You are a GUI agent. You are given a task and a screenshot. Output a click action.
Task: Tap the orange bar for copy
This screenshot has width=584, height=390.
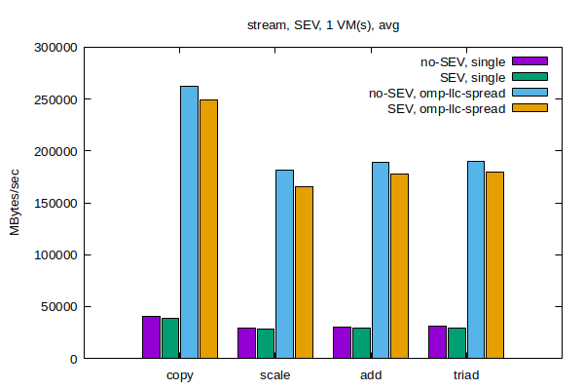pyautogui.click(x=208, y=229)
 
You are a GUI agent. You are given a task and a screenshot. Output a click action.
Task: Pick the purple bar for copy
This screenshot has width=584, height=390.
pyautogui.click(x=151, y=337)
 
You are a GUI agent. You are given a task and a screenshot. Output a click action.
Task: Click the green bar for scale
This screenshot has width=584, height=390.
pyautogui.click(x=266, y=343)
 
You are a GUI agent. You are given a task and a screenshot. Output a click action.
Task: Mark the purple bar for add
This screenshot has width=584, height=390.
pyautogui.click(x=342, y=342)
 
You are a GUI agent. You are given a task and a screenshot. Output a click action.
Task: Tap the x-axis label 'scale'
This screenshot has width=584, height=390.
pyautogui.click(x=274, y=375)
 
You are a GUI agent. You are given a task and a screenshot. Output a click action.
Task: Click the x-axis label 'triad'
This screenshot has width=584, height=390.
pyautogui.click(x=465, y=375)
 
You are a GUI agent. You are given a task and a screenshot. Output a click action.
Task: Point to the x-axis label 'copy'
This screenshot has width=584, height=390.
pyautogui.click(x=179, y=375)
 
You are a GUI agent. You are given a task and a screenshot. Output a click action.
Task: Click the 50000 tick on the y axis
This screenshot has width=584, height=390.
pyautogui.click(x=57, y=307)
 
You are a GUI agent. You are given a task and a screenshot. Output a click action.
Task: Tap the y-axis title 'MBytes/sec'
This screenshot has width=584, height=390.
pyautogui.click(x=16, y=203)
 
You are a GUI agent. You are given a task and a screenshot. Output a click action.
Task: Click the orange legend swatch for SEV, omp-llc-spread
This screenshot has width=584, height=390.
pyautogui.click(x=530, y=108)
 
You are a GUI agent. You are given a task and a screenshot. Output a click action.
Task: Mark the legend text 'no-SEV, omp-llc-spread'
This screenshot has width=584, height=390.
pyautogui.click(x=436, y=93)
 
